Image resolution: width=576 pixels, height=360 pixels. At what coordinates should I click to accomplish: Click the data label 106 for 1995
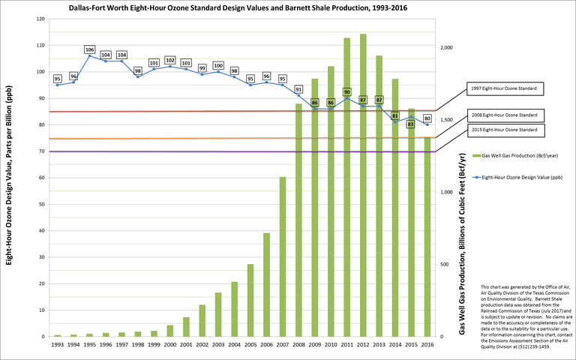(89, 49)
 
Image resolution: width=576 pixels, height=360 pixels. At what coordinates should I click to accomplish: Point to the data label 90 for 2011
(347, 92)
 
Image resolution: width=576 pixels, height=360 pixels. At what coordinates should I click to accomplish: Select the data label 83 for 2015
(411, 124)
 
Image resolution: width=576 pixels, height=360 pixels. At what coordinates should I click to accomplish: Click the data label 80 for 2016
(427, 118)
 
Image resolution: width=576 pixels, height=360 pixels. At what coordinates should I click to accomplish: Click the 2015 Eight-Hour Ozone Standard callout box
(505, 130)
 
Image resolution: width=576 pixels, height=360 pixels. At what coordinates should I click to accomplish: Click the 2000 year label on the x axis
(170, 344)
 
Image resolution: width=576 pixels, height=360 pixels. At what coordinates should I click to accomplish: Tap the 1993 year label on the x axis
(58, 344)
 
